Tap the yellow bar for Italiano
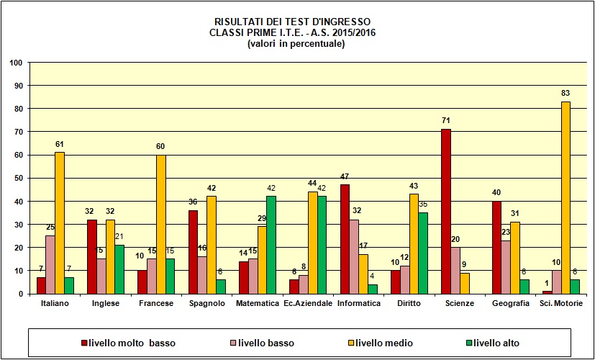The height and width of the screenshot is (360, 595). tap(60, 223)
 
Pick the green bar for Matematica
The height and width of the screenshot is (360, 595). tap(271, 245)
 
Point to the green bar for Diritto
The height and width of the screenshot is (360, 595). tap(422, 253)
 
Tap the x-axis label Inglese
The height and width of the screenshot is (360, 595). tap(106, 304)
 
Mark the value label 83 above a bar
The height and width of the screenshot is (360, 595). tap(566, 94)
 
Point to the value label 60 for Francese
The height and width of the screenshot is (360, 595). tap(160, 147)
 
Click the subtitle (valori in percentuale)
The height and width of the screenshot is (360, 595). tap(296, 44)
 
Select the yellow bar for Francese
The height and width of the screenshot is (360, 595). tap(160, 224)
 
